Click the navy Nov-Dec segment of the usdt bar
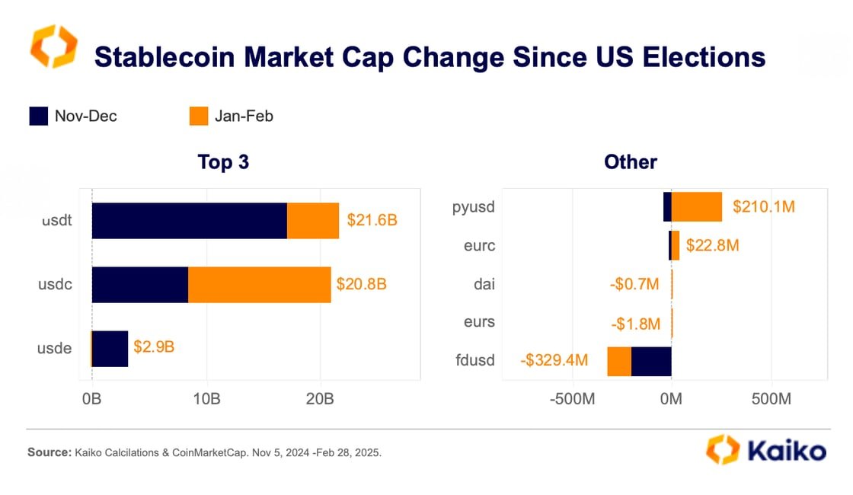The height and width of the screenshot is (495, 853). (x=189, y=221)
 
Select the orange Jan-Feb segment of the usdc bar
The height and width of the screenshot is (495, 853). (x=259, y=285)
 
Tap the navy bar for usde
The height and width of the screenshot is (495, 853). (x=110, y=349)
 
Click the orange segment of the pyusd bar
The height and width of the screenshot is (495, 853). (x=696, y=206)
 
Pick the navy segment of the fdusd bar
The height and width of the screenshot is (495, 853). (x=651, y=360)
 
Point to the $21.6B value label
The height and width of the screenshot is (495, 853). (x=372, y=221)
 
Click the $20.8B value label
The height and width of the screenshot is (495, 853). (x=361, y=284)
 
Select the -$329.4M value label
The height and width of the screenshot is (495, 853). (x=554, y=360)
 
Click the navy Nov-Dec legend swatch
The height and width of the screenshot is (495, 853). (x=39, y=117)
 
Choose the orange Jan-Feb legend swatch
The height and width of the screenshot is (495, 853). (x=199, y=117)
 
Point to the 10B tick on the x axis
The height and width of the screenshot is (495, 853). (x=206, y=399)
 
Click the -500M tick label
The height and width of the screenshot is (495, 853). (x=571, y=399)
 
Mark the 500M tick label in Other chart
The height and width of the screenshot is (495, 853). (x=772, y=399)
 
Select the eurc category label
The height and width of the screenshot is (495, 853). (x=480, y=245)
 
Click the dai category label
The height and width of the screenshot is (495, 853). (x=484, y=284)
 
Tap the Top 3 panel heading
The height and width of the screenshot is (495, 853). (x=223, y=162)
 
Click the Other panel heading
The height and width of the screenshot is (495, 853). (x=630, y=162)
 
